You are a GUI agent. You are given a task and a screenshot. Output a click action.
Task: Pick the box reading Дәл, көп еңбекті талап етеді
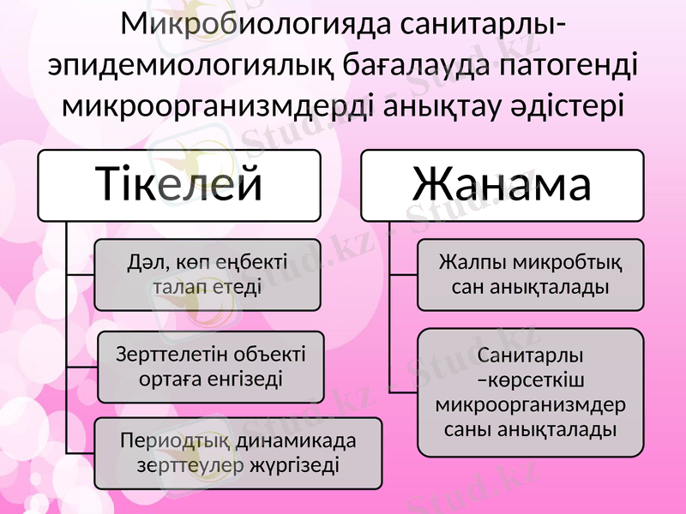(207, 274)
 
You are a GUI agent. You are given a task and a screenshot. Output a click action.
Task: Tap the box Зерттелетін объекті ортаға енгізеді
(211, 367)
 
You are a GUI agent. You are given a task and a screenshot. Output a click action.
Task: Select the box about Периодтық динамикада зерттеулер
(238, 453)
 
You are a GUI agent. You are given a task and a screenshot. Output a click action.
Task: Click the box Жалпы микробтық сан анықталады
(530, 274)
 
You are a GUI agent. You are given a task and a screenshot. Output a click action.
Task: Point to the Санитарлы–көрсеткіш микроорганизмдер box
(530, 391)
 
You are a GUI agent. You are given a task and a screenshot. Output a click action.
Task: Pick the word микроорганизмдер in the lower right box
(530, 403)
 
